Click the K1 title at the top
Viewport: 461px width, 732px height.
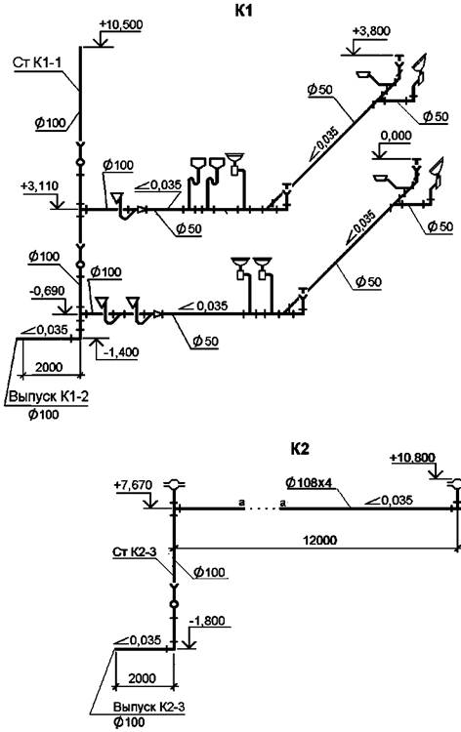tap(243, 10)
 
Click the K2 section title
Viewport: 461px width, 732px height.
tap(300, 449)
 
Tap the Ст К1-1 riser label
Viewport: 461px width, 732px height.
tap(37, 63)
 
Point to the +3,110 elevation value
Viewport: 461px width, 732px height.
tap(39, 185)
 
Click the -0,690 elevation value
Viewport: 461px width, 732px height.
tap(47, 291)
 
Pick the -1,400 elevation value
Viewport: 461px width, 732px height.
tap(121, 351)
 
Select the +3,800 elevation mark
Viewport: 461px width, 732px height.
tap(371, 31)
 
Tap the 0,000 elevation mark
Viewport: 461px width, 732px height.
tap(397, 136)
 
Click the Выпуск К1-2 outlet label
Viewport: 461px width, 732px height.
tap(49, 397)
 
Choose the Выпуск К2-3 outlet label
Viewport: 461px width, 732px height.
tap(149, 708)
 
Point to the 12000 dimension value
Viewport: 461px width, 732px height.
tap(320, 540)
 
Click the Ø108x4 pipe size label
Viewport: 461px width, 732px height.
tap(310, 483)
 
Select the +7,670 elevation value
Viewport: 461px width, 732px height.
tap(133, 485)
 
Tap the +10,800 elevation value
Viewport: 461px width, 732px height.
tap(412, 458)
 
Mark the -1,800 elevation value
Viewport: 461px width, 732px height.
tap(207, 621)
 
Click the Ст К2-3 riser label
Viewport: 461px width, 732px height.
tap(135, 552)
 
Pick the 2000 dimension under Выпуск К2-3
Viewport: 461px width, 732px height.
tap(142, 678)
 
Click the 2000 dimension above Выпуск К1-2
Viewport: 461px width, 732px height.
tap(49, 366)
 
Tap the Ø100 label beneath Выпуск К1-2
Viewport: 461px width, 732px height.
tap(43, 415)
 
